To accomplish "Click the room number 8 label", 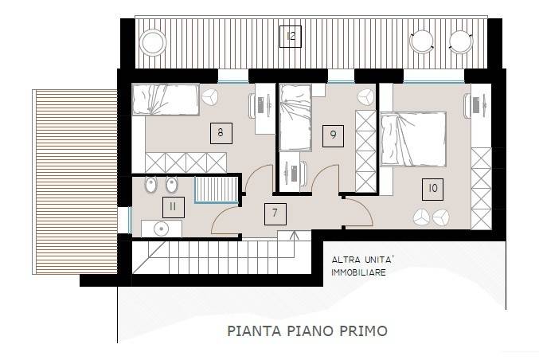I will pyautogui.click(x=219, y=132).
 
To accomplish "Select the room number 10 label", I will pyautogui.click(x=432, y=188).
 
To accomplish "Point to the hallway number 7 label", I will pyautogui.click(x=275, y=213).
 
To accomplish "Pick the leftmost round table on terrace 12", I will pyautogui.click(x=154, y=40).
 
